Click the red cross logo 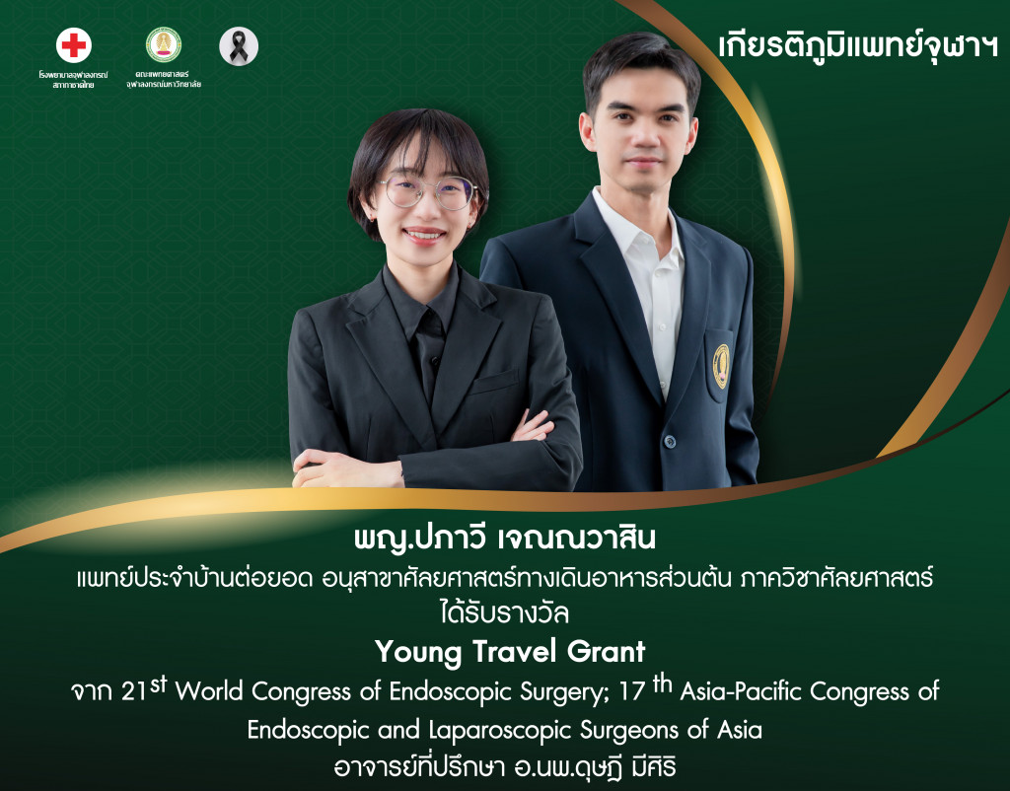(x=74, y=45)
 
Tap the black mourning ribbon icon (x=238, y=45)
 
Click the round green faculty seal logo (x=163, y=43)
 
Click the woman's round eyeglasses (x=426, y=190)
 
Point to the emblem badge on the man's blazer (x=721, y=365)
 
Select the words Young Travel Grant (x=509, y=651)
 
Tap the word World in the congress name (x=211, y=692)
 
